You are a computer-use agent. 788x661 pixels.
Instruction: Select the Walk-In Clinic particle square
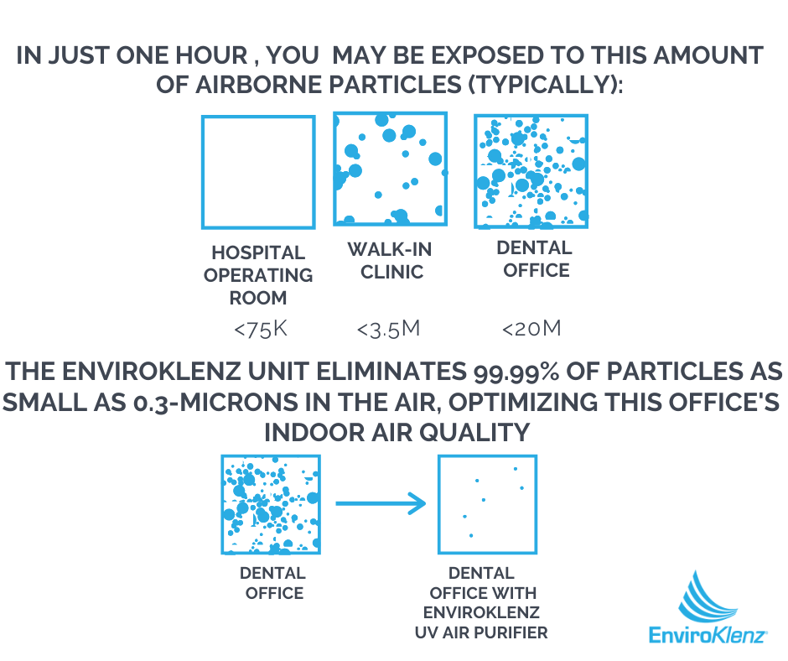[x=391, y=169]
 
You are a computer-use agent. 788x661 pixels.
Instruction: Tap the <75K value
[x=261, y=330]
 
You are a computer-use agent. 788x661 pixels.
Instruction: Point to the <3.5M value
[x=388, y=330]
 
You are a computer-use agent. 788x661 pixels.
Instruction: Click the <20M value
[x=531, y=329]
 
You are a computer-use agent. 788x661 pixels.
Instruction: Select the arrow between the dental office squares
[x=381, y=503]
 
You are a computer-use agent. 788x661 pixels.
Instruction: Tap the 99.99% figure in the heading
[x=516, y=372]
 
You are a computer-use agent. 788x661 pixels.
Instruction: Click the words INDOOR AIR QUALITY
[x=397, y=433]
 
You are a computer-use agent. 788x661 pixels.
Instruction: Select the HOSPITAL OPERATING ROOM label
[x=258, y=275]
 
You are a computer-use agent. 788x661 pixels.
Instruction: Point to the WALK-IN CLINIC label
[x=390, y=261]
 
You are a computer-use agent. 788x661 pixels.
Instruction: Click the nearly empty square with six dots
[x=488, y=504]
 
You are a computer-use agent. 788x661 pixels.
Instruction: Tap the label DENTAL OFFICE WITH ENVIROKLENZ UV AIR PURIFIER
[x=481, y=602]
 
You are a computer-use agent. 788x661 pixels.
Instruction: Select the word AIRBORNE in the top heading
[x=259, y=85]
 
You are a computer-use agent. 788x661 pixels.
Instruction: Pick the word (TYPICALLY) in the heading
[x=545, y=85]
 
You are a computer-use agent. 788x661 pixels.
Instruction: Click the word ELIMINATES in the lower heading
[x=391, y=372]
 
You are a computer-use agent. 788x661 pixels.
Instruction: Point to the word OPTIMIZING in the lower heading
[x=522, y=403]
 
